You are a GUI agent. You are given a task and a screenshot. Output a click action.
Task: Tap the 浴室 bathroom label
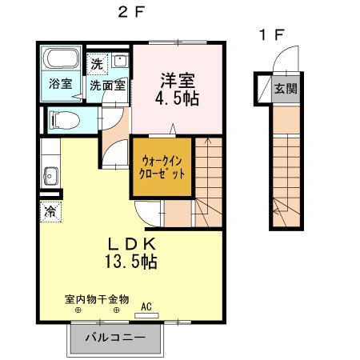point(60,83)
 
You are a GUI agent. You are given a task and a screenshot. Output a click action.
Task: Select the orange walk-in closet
point(162,167)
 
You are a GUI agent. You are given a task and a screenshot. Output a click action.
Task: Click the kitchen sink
point(50,175)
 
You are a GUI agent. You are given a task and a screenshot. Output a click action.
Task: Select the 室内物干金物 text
point(97,298)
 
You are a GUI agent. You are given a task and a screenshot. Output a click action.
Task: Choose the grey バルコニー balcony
point(120,338)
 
